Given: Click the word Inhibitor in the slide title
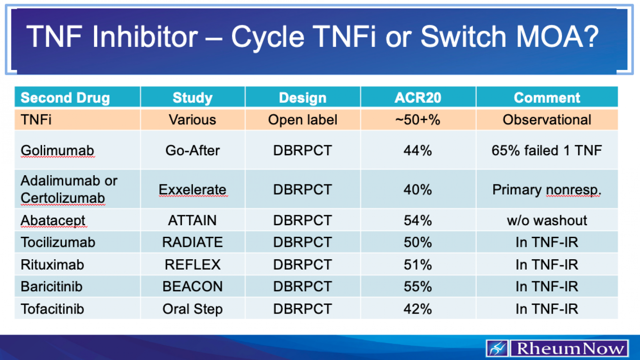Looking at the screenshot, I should [x=145, y=37].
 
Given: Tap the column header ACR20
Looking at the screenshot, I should [x=418, y=98].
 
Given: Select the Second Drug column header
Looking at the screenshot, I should [x=65, y=98].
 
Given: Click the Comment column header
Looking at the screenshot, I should [x=547, y=98].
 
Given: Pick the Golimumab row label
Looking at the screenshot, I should [x=58, y=150].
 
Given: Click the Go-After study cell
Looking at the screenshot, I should [x=192, y=150].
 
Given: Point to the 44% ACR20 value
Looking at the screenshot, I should [x=418, y=150].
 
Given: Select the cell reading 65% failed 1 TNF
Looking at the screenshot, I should [x=546, y=150].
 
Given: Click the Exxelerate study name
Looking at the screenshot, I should [x=192, y=189].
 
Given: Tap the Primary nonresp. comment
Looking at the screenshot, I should [x=546, y=189].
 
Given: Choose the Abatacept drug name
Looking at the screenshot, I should [x=53, y=220].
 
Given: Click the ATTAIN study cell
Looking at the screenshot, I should [x=192, y=220].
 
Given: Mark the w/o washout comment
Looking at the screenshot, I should [x=547, y=220].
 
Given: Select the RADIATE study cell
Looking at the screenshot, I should [x=192, y=242].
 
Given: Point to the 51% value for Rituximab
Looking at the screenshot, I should [x=418, y=264].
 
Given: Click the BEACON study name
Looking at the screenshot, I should [x=192, y=286].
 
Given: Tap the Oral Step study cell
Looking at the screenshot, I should [x=192, y=309].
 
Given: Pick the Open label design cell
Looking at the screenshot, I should [x=303, y=120].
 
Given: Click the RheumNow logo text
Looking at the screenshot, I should [x=570, y=348].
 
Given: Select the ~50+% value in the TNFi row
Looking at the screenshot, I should [x=418, y=120].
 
